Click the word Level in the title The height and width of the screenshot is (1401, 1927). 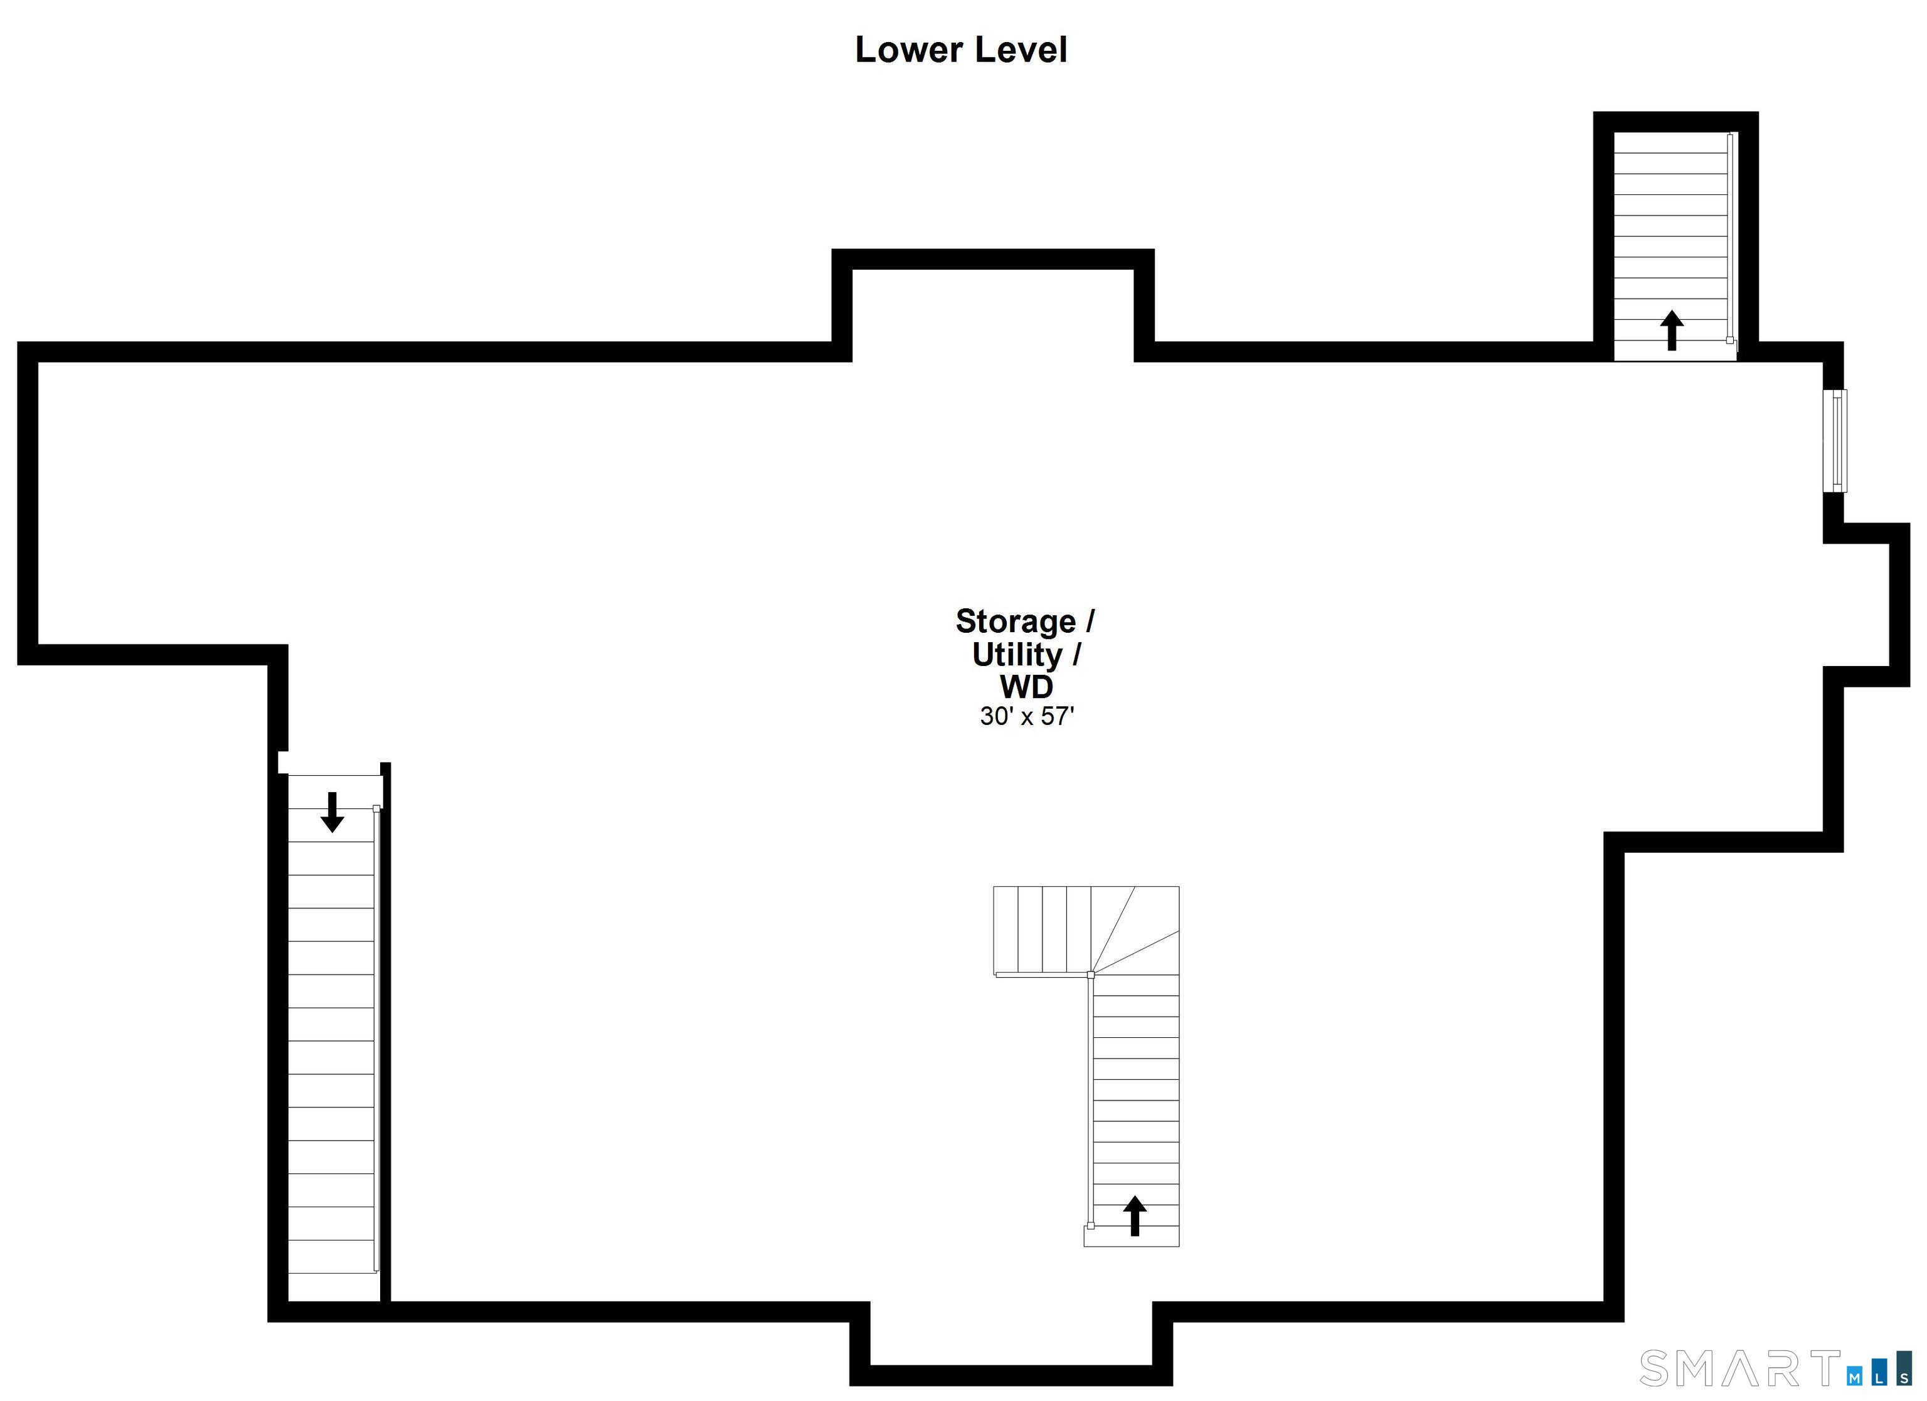[1021, 50]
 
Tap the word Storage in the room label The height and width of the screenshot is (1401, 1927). [1016, 621]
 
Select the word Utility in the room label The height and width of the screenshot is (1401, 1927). [1017, 655]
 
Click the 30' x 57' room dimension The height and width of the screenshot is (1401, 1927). [1026, 716]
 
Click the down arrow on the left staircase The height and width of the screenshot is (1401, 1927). [332, 812]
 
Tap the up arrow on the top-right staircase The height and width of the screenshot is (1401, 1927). [1671, 330]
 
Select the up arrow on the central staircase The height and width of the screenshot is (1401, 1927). [1134, 1215]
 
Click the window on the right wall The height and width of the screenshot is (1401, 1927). [1834, 440]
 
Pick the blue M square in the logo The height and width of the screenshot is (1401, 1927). [1855, 1377]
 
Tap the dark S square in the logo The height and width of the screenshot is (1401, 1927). [1904, 1377]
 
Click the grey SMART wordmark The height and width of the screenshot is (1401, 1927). [1738, 1369]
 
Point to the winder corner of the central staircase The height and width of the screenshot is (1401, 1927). [1135, 929]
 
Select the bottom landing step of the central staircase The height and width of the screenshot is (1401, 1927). [1131, 1236]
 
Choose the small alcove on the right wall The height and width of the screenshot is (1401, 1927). [1864, 605]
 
